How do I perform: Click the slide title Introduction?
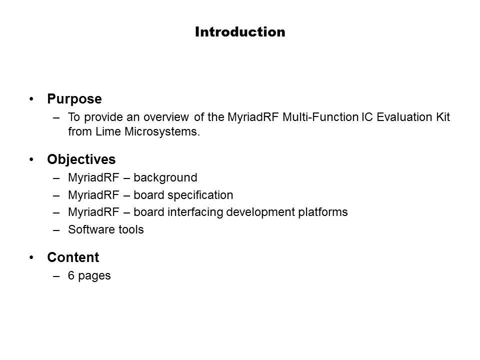(240, 32)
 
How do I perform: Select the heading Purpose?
(74, 99)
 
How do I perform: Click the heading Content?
(73, 257)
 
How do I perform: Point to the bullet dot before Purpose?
(31, 99)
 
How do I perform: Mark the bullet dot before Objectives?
(31, 159)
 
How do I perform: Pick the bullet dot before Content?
(31, 257)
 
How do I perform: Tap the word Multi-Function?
(320, 117)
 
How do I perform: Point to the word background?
(165, 178)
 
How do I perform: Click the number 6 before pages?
(71, 275)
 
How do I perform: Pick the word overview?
(166, 117)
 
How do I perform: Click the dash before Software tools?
(56, 230)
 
